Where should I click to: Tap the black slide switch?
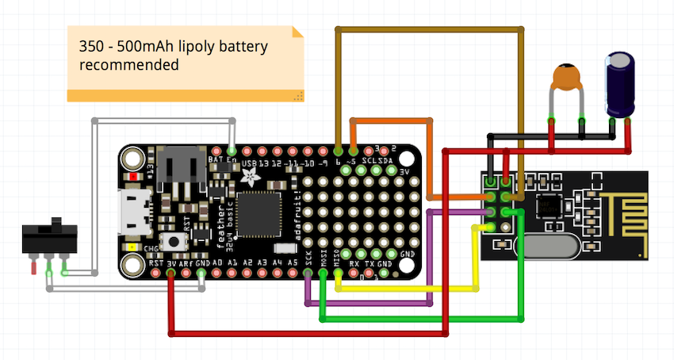[x=49, y=236]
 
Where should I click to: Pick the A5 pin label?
[x=293, y=261]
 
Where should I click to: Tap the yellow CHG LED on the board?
[x=128, y=257]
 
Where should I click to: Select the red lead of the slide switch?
[x=34, y=268]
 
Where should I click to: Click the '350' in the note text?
[x=92, y=47]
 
